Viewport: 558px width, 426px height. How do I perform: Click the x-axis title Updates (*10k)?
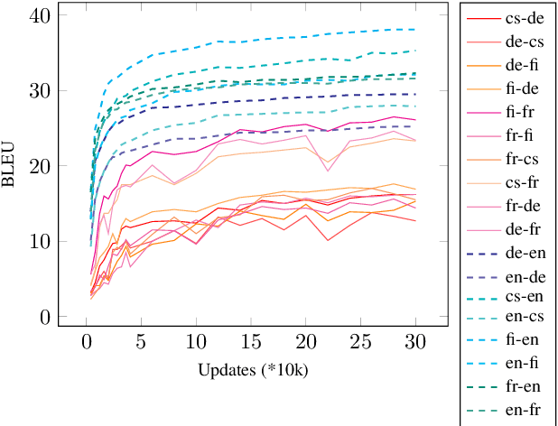pos(251,371)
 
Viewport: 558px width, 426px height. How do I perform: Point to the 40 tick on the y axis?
pos(40,15)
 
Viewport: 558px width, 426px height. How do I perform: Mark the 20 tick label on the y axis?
pos(40,166)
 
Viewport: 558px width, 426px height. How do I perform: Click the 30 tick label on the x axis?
pos(415,343)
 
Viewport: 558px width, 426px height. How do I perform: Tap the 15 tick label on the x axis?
pos(251,343)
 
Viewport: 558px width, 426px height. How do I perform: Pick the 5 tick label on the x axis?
pos(141,343)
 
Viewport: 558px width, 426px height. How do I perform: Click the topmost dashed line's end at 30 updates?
pos(415,30)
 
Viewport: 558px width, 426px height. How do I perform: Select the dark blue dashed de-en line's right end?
pos(415,94)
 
